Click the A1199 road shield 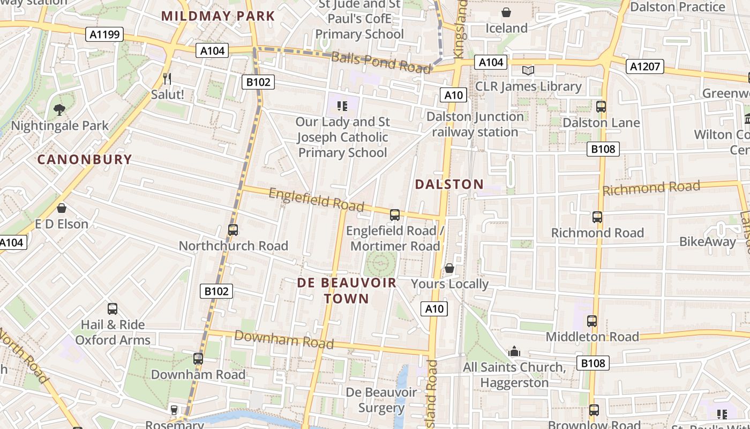[x=104, y=35]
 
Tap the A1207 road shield [x=645, y=66]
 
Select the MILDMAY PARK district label [x=218, y=16]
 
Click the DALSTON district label [x=449, y=184]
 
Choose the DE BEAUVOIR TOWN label [x=347, y=291]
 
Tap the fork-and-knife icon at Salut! [x=167, y=79]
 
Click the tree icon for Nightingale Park [x=59, y=110]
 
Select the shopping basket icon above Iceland [x=506, y=12]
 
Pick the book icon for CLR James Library [x=528, y=70]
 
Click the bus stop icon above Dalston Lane [x=601, y=107]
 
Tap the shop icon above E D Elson [x=62, y=208]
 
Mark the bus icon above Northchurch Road [x=233, y=230]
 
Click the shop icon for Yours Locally [x=449, y=268]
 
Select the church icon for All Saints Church [x=514, y=352]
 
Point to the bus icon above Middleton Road [x=592, y=321]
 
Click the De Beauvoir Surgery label [x=381, y=400]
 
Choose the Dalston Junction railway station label [x=475, y=124]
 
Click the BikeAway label [x=708, y=242]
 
